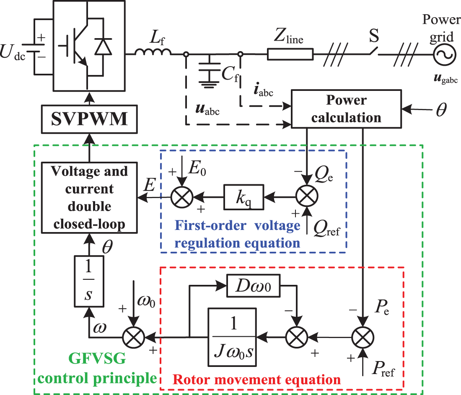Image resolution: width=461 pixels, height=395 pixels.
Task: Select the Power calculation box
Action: (346, 109)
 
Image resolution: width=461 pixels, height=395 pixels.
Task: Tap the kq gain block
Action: (243, 196)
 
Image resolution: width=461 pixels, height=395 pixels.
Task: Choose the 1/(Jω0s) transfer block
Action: (231, 336)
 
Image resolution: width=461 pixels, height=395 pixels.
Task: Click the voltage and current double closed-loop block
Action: (90, 198)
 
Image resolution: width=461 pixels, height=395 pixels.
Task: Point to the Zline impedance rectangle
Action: (290, 54)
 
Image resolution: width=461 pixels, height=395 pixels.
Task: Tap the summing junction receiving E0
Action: (180, 196)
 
